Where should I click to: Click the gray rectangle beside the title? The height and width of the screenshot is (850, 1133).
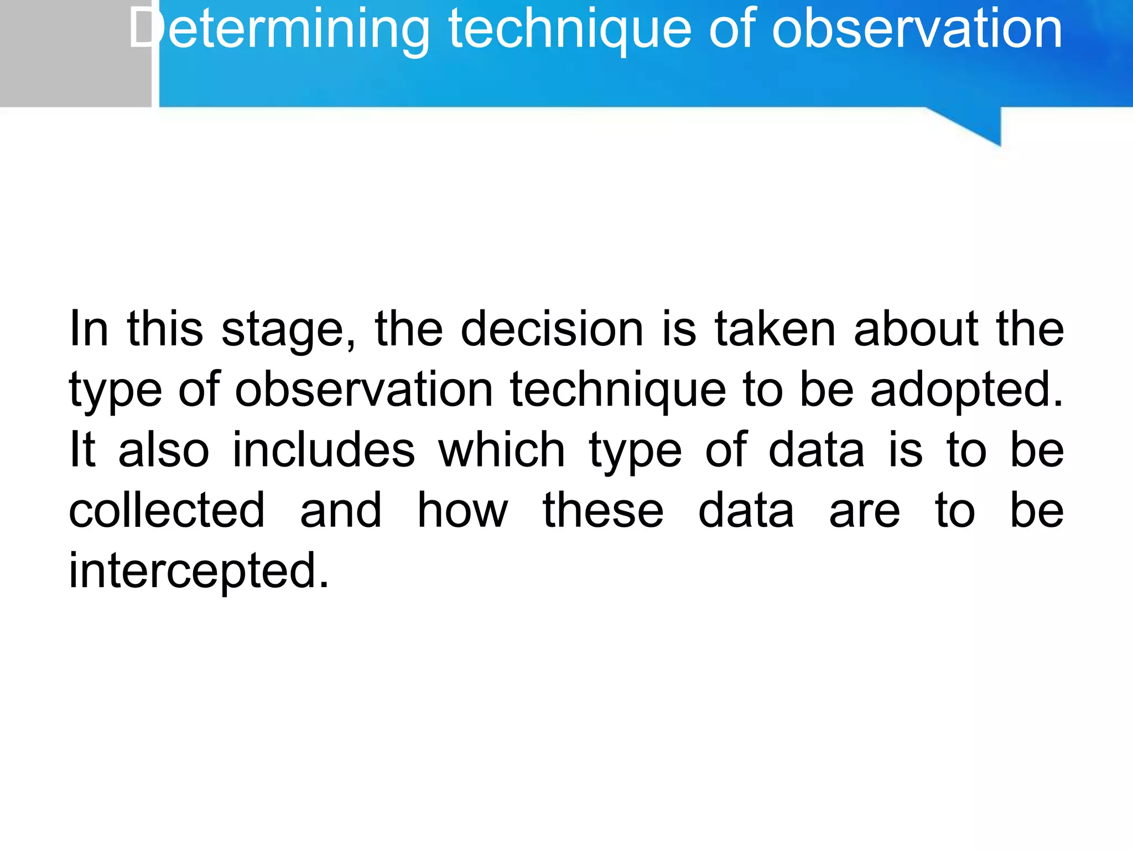point(75,53)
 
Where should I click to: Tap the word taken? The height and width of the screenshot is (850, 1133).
point(775,329)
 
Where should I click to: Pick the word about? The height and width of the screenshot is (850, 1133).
point(916,329)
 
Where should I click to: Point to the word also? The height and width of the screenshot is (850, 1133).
point(164,449)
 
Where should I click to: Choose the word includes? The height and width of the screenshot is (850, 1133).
point(324,449)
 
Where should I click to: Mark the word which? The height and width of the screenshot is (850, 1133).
point(502,449)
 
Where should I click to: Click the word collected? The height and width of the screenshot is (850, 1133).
point(167,510)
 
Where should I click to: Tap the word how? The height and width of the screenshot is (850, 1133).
point(462,510)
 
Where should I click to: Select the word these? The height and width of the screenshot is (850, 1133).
point(602,510)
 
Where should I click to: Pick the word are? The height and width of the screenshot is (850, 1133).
point(864,511)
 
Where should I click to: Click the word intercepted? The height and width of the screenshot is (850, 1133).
point(199,571)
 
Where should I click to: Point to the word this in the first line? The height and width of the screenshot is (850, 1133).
point(165,329)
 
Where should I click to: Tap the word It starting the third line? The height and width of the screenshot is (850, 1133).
point(82,449)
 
